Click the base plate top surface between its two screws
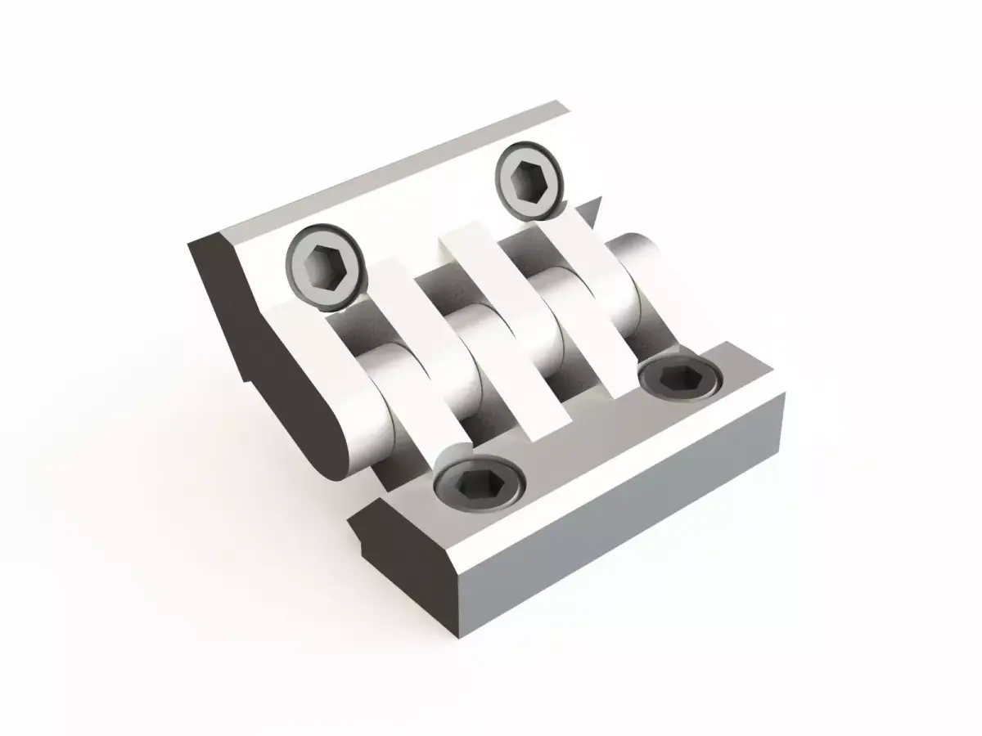pyautogui.click(x=573, y=442)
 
